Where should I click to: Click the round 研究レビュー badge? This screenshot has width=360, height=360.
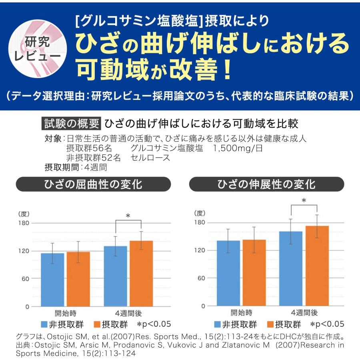[x=37, y=47]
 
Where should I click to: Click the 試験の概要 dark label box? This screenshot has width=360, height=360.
[x=70, y=124]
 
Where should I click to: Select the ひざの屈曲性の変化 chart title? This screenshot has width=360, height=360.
[x=93, y=184]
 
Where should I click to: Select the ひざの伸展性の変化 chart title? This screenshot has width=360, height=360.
[x=266, y=184]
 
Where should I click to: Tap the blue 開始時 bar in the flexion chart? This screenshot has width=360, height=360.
[x=53, y=280]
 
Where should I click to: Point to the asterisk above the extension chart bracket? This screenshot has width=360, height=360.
[x=304, y=201]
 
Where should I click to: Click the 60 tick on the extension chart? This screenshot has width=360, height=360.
[x=200, y=278]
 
